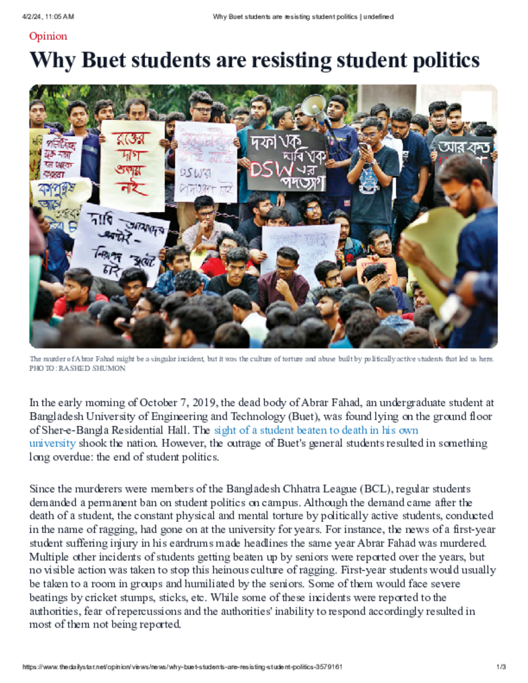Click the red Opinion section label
(48, 36)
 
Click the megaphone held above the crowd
(314, 106)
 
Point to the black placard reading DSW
(286, 160)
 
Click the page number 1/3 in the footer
(501, 667)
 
